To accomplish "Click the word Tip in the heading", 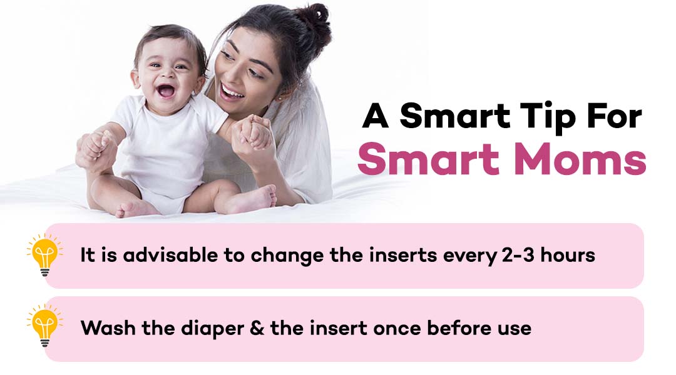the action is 547,117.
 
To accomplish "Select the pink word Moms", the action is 580,159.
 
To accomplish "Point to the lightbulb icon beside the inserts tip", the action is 45,255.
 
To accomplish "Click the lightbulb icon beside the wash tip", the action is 45,326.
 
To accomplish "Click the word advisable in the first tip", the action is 170,255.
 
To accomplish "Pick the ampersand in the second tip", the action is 257,328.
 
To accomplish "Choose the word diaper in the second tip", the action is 213,329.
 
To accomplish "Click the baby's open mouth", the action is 165,91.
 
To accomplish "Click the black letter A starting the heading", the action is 376,116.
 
